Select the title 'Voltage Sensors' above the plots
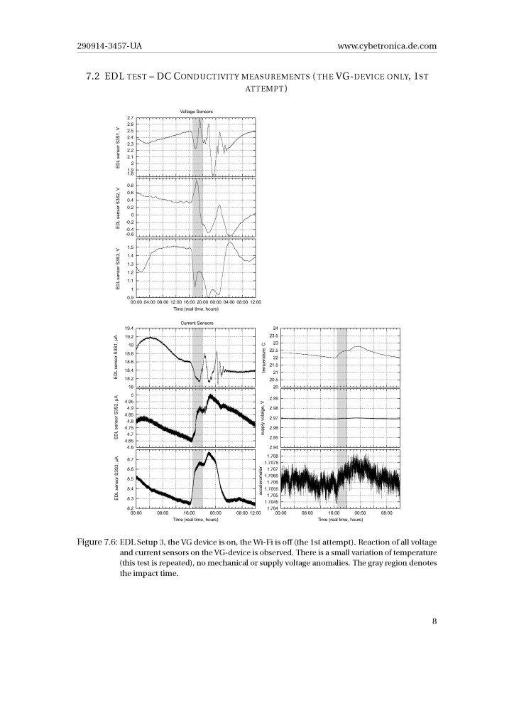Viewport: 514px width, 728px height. (x=196, y=111)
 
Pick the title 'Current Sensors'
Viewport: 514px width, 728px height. (x=196, y=322)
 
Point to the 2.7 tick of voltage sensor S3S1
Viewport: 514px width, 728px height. (x=128, y=118)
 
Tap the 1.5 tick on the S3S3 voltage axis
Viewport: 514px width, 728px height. (x=128, y=247)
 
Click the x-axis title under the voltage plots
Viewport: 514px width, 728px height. (x=196, y=309)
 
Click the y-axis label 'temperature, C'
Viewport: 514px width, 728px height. (x=263, y=358)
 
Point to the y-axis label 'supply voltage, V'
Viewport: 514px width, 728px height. (x=263, y=418)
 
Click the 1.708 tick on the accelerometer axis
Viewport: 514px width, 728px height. (x=271, y=456)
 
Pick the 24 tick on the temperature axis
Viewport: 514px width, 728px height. (x=274, y=328)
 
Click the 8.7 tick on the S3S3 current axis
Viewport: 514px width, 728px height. (x=128, y=460)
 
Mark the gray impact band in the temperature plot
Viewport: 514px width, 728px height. (x=341, y=358)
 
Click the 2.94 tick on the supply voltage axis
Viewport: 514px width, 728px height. (x=273, y=447)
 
